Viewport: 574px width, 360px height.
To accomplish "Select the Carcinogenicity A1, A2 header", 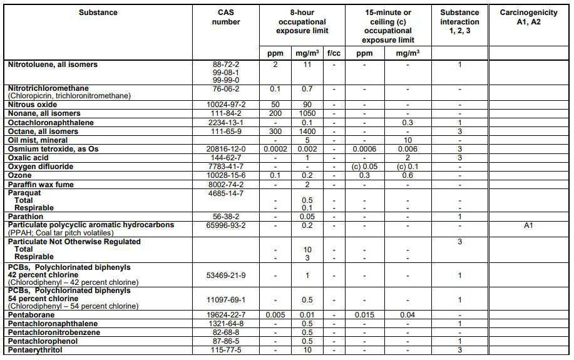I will (x=530, y=17).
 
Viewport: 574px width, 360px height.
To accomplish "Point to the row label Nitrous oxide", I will (x=32, y=105).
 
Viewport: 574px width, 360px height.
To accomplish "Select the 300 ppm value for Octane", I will (x=275, y=131).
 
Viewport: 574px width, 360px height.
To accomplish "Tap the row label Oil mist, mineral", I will (x=38, y=140).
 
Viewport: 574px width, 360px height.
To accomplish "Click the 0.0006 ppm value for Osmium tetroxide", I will (x=364, y=149).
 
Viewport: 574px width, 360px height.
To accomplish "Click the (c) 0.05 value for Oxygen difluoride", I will (x=364, y=167).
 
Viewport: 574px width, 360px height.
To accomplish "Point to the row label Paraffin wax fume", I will (x=40, y=185).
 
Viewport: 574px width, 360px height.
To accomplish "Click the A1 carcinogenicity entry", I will (x=530, y=225).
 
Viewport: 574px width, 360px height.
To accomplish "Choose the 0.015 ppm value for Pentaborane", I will (x=364, y=315).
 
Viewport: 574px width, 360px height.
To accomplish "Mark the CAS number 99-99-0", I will (x=225, y=80).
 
